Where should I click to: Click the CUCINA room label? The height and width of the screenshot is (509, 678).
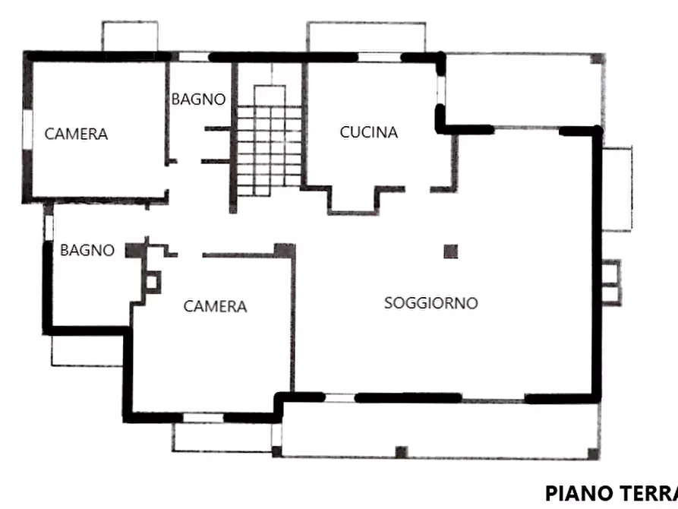click(368, 132)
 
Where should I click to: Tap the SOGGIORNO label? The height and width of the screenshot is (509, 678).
click(430, 303)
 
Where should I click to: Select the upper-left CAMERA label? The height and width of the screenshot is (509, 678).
click(76, 134)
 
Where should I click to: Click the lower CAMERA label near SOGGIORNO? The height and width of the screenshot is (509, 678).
click(215, 307)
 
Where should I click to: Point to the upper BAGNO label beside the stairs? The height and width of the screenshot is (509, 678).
click(197, 100)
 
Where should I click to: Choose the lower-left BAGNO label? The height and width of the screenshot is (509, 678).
click(87, 250)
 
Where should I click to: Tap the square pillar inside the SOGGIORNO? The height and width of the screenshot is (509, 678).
click(451, 251)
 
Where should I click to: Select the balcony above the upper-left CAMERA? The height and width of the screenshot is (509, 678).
click(130, 36)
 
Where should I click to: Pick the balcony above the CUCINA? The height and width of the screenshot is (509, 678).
click(365, 36)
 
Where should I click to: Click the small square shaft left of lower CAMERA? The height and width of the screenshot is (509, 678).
click(153, 283)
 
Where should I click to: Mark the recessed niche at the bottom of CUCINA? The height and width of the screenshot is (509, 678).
click(353, 199)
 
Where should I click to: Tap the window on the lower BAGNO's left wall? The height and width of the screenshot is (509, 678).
click(49, 227)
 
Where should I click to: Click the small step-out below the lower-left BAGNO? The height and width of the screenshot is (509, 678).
click(85, 350)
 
